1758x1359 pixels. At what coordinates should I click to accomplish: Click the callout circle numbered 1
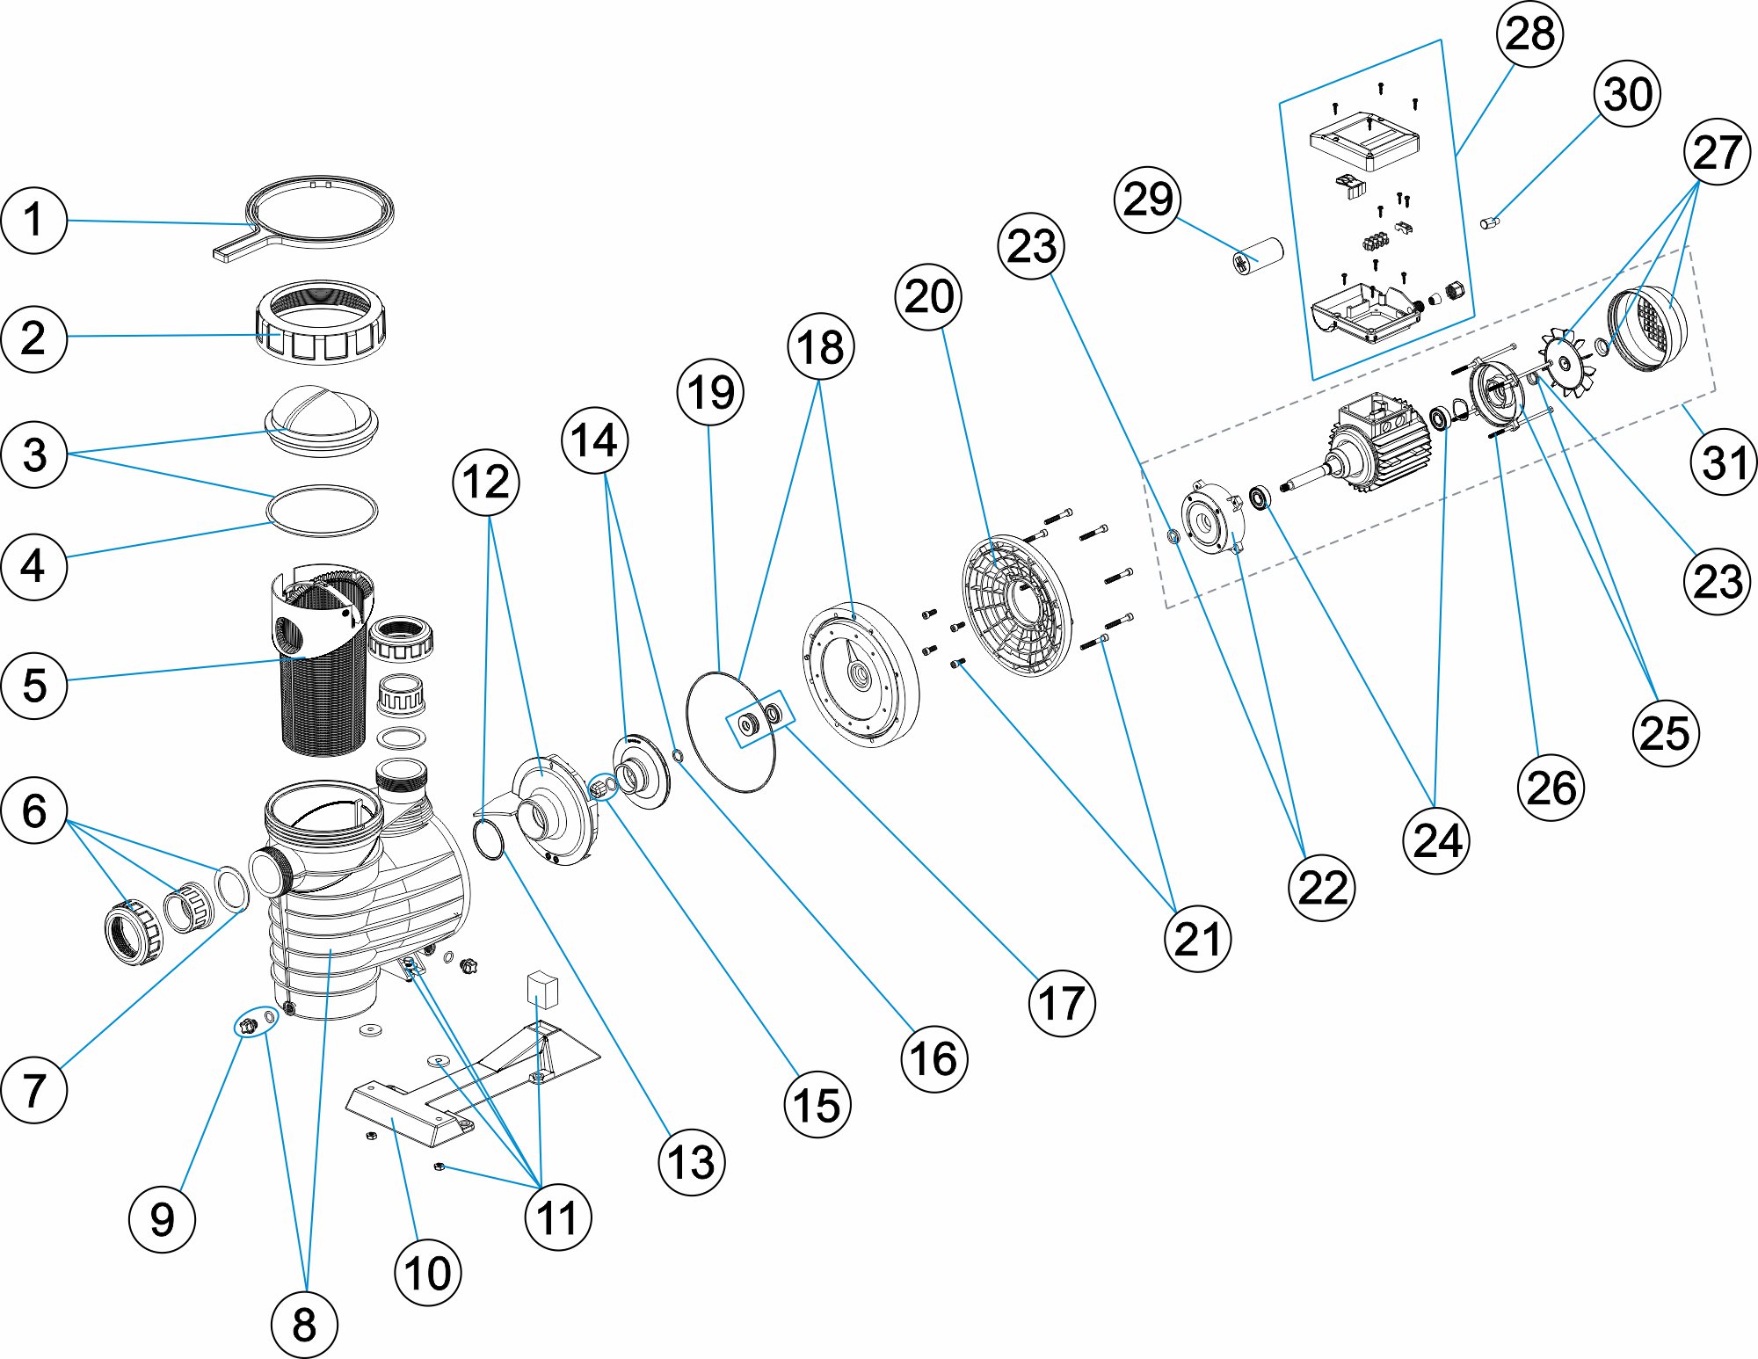(33, 220)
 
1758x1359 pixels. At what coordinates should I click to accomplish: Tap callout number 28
(1529, 33)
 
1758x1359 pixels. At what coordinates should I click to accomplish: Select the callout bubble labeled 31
(1723, 462)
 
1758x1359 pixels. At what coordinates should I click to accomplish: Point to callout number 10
(427, 1272)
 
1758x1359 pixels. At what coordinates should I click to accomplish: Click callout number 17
(1061, 1003)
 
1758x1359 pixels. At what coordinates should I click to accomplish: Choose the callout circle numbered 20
(928, 297)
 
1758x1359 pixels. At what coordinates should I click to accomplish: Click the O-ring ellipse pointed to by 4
(323, 510)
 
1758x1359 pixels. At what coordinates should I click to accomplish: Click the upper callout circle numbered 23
(1031, 246)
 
